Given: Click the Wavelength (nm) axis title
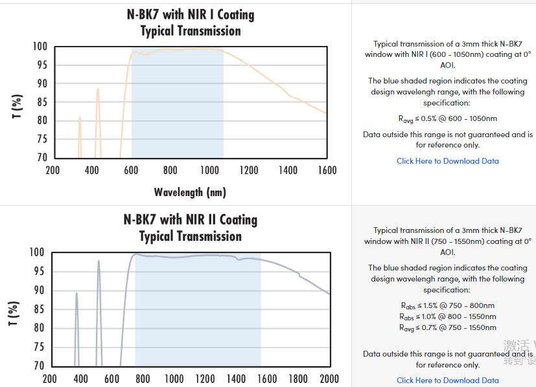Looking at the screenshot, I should point(190,192).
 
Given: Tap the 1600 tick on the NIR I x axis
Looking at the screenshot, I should point(327,170).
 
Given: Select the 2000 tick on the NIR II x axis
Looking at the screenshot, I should point(329,379).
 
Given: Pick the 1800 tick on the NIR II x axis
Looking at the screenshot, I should point(298,379).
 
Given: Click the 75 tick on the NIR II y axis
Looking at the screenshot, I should point(38,347).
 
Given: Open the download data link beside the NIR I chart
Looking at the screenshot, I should point(447,161).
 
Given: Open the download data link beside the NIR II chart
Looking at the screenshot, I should point(447,381).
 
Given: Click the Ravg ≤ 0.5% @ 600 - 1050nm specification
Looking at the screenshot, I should point(447,118).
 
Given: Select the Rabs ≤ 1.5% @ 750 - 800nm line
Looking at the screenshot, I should point(447,305).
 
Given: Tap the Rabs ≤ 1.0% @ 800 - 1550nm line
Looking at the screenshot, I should point(447,316).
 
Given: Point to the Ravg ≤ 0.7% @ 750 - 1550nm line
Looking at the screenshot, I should point(447,327).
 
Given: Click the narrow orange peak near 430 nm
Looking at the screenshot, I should point(98,91).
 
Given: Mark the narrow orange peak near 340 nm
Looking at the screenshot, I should point(80,119).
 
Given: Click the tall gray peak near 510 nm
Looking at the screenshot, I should point(99,263).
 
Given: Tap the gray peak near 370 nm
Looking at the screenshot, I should point(76,295).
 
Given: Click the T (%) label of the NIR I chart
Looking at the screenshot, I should point(17,105).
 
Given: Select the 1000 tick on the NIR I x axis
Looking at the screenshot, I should point(209,170).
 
